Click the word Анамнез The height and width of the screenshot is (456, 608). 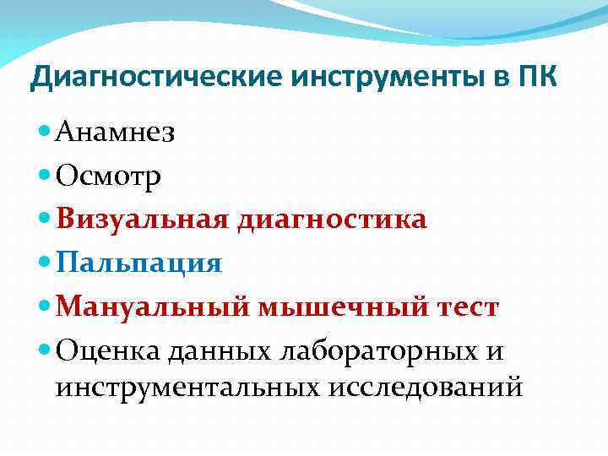click(x=115, y=133)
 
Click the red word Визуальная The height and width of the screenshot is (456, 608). click(x=143, y=220)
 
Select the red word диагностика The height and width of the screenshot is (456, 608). click(x=332, y=220)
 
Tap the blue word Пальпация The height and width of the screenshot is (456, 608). click(x=139, y=263)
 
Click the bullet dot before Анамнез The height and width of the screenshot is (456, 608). click(x=45, y=132)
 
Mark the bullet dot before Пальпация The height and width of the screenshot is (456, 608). click(x=45, y=262)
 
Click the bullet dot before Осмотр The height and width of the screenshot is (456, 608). click(x=45, y=175)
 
